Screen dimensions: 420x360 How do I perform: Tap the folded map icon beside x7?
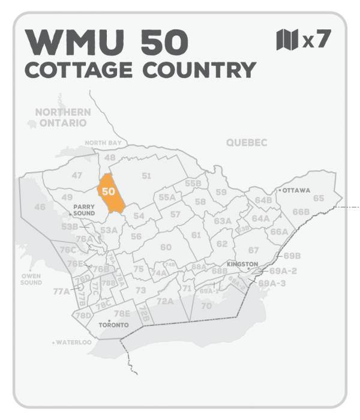[287, 40]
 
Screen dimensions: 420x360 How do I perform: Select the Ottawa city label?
[296, 190]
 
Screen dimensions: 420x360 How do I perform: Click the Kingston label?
[242, 264]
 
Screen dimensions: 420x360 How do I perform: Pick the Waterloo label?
[74, 343]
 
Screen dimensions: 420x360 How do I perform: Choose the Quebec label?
[246, 142]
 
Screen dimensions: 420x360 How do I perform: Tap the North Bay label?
[103, 143]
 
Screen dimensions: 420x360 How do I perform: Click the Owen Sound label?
[31, 279]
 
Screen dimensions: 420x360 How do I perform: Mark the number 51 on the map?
[146, 175]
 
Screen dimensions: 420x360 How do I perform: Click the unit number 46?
[40, 207]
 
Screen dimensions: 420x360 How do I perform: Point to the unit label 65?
[319, 198]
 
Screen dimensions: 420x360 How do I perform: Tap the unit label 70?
[206, 305]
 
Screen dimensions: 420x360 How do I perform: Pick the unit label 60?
[166, 247]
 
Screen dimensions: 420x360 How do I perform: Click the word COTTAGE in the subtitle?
[79, 70]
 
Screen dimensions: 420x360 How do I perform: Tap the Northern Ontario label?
[62, 117]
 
